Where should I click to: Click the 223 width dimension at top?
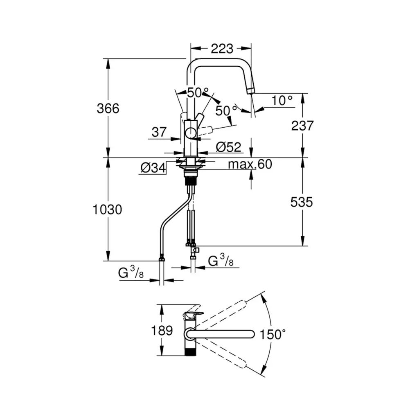222,49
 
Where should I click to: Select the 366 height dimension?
108,108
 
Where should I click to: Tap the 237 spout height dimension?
302,126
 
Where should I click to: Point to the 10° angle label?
282,100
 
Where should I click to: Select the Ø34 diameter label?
153,167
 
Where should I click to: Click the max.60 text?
250,164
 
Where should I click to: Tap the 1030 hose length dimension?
108,209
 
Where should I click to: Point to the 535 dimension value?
301,202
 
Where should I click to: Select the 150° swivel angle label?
273,335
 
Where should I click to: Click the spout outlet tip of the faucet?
250,90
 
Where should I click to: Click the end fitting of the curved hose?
162,259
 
